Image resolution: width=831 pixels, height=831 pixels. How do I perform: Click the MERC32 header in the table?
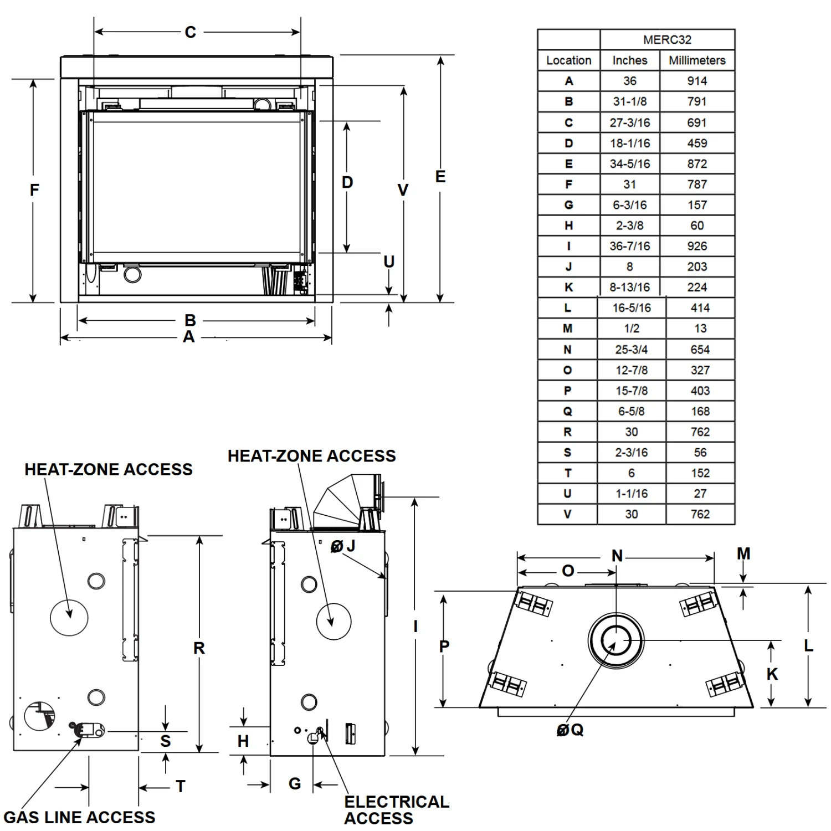(667, 40)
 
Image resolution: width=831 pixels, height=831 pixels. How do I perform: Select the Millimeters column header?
(697, 60)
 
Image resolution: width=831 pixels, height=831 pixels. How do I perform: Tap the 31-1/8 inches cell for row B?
(629, 102)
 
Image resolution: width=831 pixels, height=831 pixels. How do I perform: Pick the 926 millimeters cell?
(697, 246)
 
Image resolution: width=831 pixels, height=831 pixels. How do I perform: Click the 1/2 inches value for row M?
(631, 329)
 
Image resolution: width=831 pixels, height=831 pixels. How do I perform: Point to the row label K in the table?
(568, 288)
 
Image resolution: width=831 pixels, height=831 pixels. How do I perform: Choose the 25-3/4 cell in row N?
(631, 350)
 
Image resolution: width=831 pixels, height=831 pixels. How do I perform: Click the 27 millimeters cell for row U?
(700, 494)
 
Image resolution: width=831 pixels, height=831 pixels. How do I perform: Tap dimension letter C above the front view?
(190, 32)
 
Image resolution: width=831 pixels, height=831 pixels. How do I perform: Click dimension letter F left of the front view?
(34, 190)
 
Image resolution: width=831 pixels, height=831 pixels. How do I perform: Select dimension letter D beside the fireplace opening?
(347, 182)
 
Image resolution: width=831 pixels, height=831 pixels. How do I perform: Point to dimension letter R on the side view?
(199, 648)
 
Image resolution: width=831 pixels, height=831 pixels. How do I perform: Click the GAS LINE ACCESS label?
(79, 817)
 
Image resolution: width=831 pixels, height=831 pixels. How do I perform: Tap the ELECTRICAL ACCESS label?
(396, 809)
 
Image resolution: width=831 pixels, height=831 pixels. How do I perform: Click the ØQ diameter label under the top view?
(570, 730)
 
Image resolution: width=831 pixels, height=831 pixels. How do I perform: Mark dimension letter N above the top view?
(617, 556)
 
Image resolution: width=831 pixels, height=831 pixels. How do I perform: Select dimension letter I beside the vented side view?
(416, 627)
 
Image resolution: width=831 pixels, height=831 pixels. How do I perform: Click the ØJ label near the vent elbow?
(343, 546)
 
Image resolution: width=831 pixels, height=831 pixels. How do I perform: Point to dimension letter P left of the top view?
(444, 646)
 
